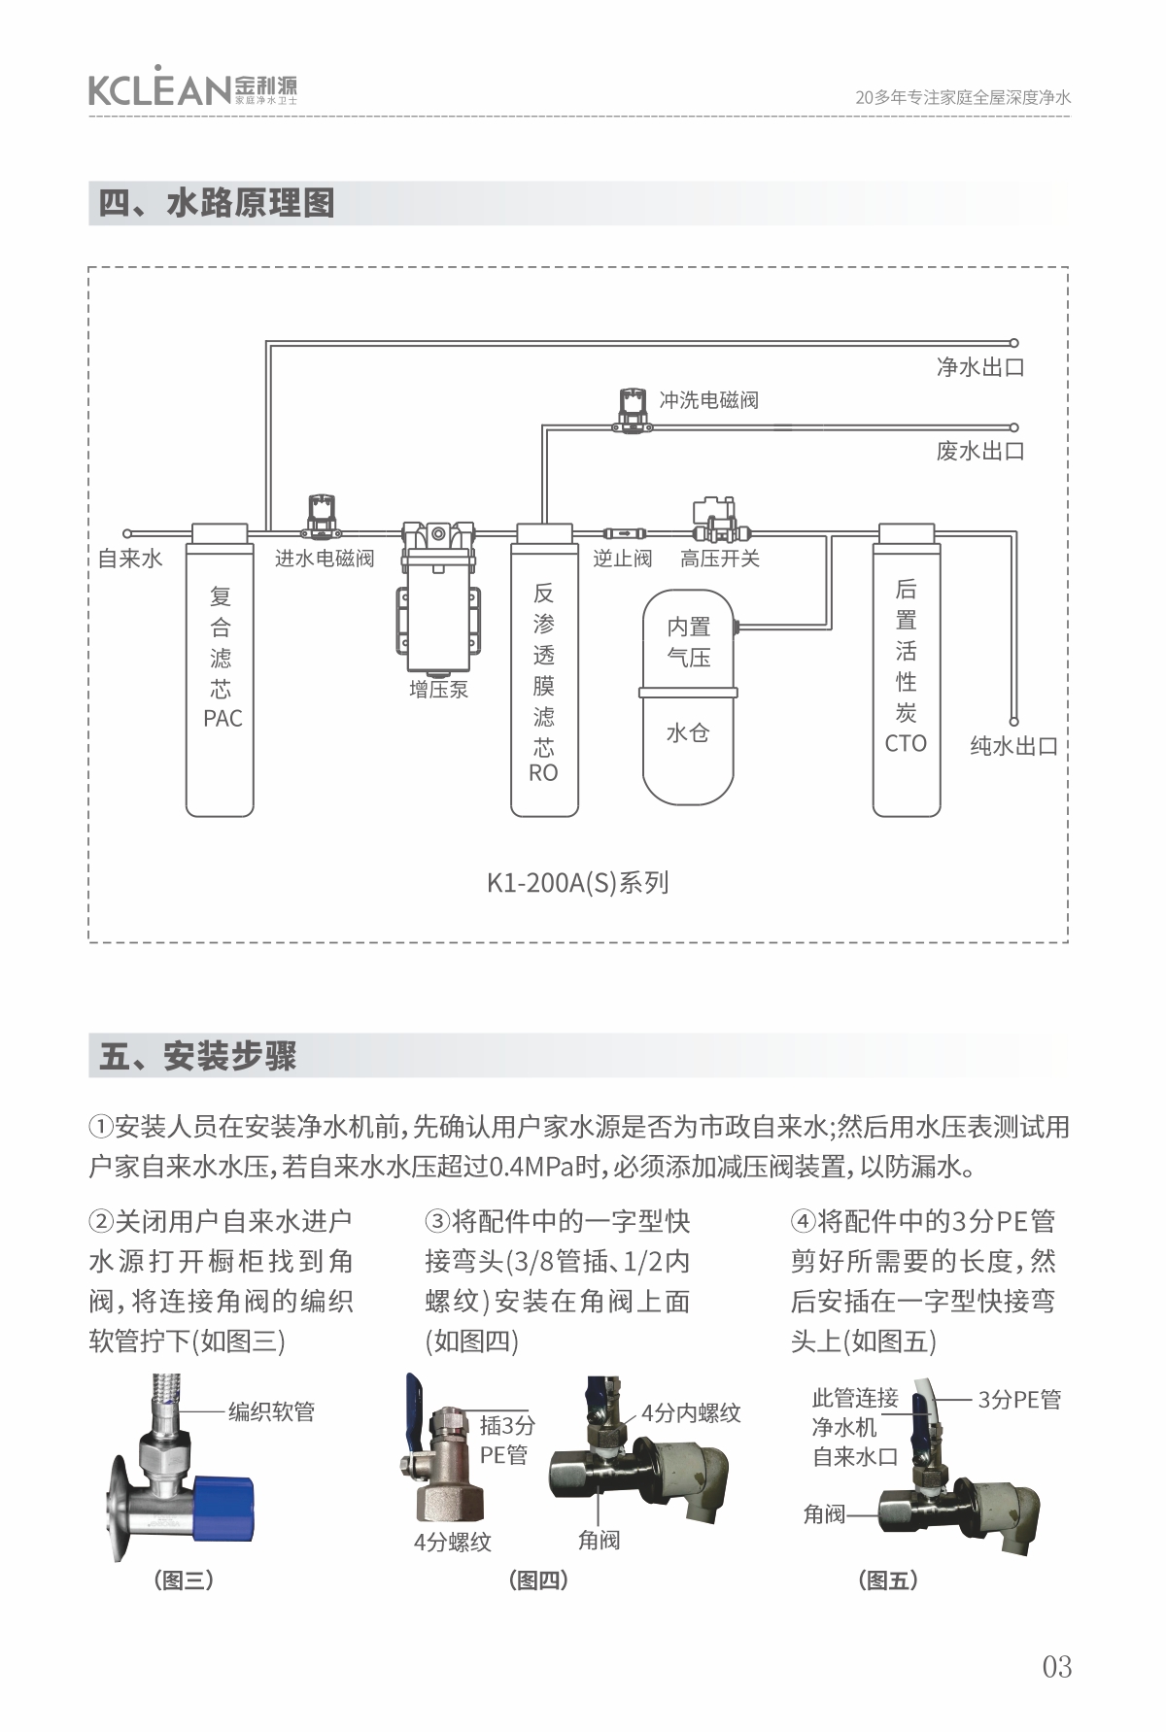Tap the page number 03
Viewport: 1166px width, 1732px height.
click(1056, 1666)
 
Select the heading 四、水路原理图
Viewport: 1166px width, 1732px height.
click(217, 204)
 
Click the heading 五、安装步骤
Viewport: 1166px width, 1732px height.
click(198, 1056)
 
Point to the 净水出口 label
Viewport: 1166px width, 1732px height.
click(979, 367)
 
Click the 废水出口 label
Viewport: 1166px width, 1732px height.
click(979, 451)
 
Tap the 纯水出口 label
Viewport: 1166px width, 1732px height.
click(1013, 746)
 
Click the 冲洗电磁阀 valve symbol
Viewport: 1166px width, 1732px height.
click(632, 408)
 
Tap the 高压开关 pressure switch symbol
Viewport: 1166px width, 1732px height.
click(717, 520)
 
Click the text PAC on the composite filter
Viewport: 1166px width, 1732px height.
click(223, 719)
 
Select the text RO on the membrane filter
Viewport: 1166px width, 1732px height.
click(543, 773)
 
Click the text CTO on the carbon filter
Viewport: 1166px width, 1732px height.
click(906, 744)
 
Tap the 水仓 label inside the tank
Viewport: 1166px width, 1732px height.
click(688, 733)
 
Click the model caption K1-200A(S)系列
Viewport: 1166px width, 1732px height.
click(577, 883)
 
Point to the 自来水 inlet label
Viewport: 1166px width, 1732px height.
click(130, 559)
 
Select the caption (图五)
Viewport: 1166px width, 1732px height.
click(888, 1580)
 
